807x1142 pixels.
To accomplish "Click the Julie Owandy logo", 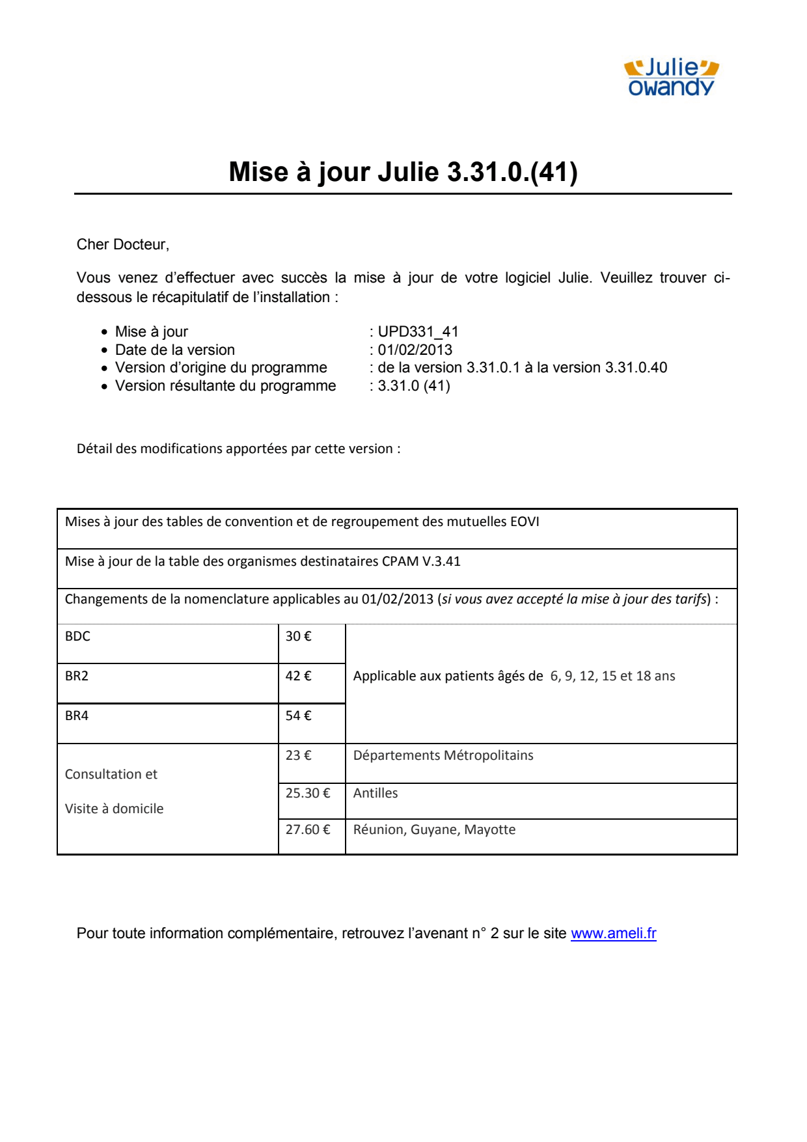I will (671, 77).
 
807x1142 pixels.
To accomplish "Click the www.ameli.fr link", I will (613, 933).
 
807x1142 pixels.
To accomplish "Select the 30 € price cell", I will (299, 636).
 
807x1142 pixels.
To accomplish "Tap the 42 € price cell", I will (299, 676).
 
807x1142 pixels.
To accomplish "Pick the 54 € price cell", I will (299, 716).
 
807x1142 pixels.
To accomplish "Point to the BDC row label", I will (77, 636).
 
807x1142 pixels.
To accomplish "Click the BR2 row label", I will (77, 676).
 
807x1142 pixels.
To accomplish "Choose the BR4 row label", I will (77, 716).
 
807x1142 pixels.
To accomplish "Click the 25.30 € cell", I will (308, 793).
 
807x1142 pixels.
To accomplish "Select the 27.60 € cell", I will (308, 829).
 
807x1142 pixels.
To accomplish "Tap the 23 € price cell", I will (299, 755).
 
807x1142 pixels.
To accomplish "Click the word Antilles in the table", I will (376, 793).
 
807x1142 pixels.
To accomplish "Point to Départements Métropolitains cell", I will (443, 755).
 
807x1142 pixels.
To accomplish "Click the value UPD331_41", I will (418, 331).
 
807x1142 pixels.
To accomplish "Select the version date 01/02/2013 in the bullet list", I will (415, 350).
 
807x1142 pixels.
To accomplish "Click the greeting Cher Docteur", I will (122, 244).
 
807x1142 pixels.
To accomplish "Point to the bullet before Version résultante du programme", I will (104, 386).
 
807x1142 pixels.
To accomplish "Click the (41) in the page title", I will (554, 172).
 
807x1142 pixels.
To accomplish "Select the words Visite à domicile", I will (115, 809).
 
